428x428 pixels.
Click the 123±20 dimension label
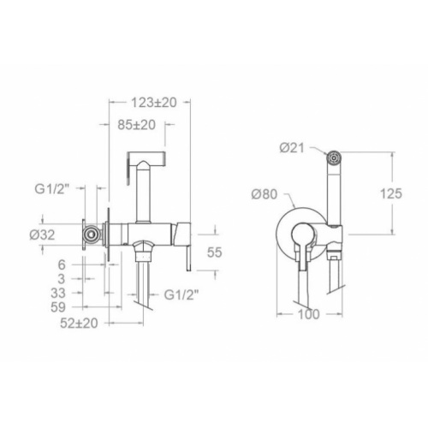pyautogui.click(x=154, y=103)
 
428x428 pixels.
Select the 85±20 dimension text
pyautogui.click(x=137, y=125)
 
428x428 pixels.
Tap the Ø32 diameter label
pyautogui.click(x=42, y=235)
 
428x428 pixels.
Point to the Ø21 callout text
pyautogui.click(x=292, y=148)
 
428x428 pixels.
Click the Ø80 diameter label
pyautogui.click(x=265, y=194)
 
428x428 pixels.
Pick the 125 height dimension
pyautogui.click(x=391, y=193)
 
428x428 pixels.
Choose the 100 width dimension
pyautogui.click(x=309, y=314)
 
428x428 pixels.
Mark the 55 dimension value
pyautogui.click(x=215, y=253)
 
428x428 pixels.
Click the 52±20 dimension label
pyautogui.click(x=79, y=323)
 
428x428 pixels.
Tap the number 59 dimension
pyautogui.click(x=58, y=307)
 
